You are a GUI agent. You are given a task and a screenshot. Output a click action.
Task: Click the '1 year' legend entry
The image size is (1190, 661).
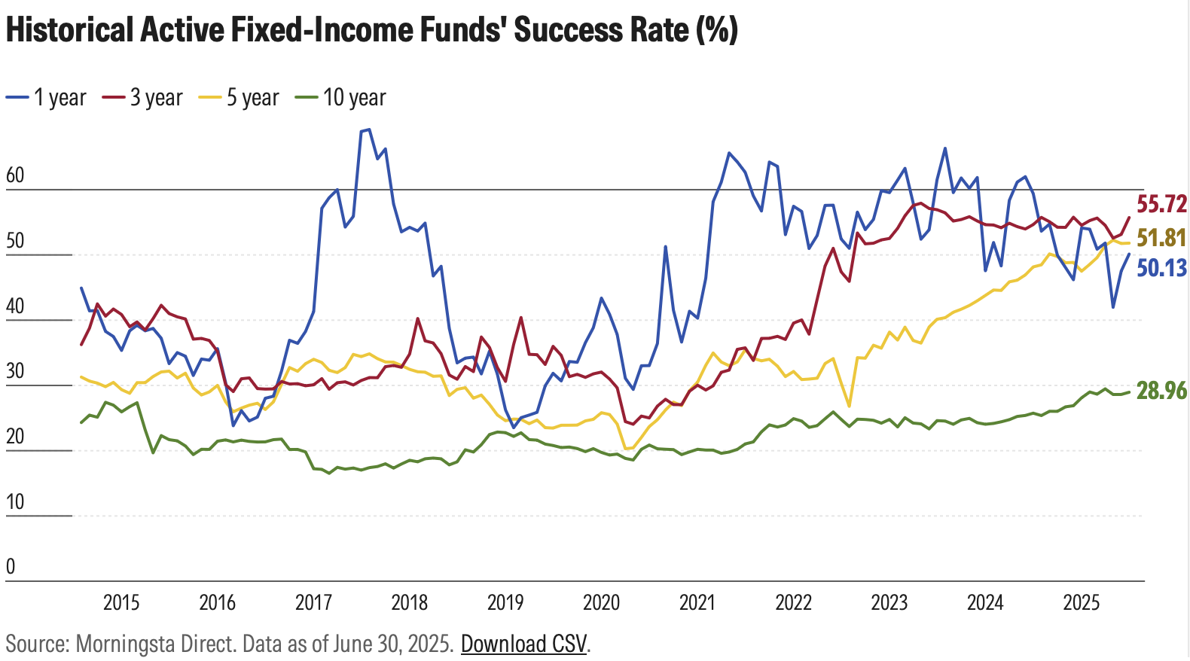coord(47,98)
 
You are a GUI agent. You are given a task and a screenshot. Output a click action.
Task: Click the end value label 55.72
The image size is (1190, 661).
coord(1161,204)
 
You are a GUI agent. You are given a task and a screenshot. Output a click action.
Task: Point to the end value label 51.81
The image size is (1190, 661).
coord(1161,238)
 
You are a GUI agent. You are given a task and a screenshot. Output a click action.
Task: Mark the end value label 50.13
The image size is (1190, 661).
coord(1161,268)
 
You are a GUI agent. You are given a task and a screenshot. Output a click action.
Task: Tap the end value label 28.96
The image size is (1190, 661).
coord(1161,391)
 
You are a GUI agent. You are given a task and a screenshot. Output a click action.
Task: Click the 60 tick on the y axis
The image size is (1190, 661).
coord(15,175)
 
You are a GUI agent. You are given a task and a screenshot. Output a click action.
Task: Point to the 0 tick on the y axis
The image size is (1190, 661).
coord(11,567)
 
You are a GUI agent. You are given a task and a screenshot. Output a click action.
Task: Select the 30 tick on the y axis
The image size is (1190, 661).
coord(15,371)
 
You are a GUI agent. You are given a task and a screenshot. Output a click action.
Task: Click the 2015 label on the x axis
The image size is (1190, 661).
coord(121,602)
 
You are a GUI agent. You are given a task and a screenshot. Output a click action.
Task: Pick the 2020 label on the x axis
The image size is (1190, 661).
coord(601,602)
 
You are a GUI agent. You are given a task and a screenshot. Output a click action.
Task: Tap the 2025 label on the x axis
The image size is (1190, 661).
coord(1082,602)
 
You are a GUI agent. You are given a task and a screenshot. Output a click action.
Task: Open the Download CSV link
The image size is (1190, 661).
coord(523,644)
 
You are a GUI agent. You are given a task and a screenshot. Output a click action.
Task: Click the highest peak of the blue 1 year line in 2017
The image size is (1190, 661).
coord(368,129)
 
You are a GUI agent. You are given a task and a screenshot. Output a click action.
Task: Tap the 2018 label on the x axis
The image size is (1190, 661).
coord(409,602)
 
